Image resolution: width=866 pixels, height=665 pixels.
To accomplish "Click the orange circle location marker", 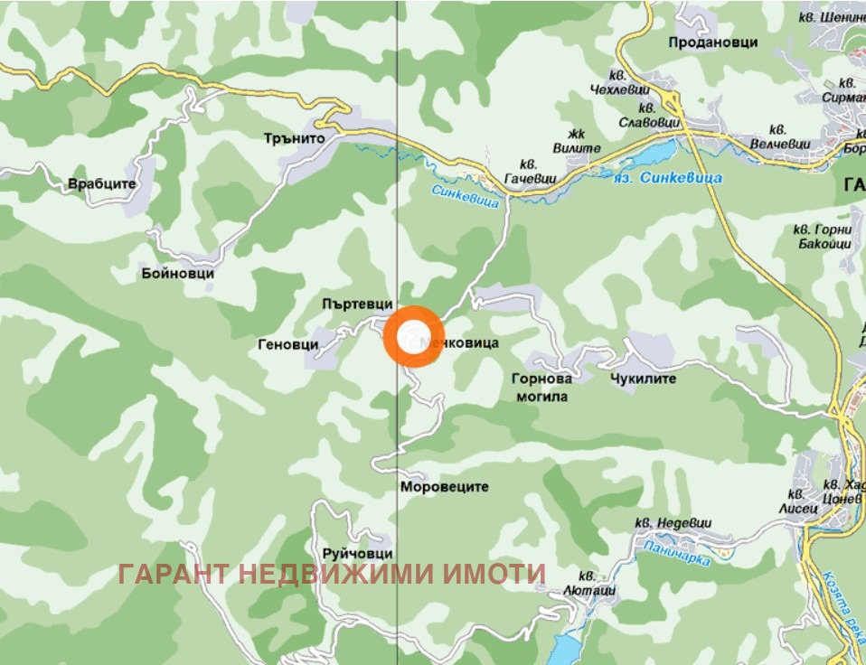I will (412, 334).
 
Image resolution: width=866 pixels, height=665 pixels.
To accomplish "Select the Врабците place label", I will (101, 184).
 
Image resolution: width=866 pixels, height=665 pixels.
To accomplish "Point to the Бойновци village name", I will (178, 273).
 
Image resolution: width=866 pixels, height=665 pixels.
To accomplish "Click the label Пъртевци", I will (357, 304).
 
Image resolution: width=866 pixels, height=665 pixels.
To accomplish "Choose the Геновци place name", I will (288, 344).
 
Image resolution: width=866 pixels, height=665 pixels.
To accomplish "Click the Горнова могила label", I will (540, 388).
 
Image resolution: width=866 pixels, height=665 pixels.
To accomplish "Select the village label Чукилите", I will (643, 379).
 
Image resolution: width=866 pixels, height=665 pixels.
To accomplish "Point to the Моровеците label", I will (443, 486).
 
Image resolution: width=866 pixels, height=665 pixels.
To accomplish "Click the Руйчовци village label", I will (357, 553).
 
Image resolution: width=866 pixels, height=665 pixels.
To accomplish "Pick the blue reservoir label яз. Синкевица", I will (669, 179).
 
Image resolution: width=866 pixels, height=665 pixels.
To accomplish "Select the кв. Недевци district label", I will (673, 522).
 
